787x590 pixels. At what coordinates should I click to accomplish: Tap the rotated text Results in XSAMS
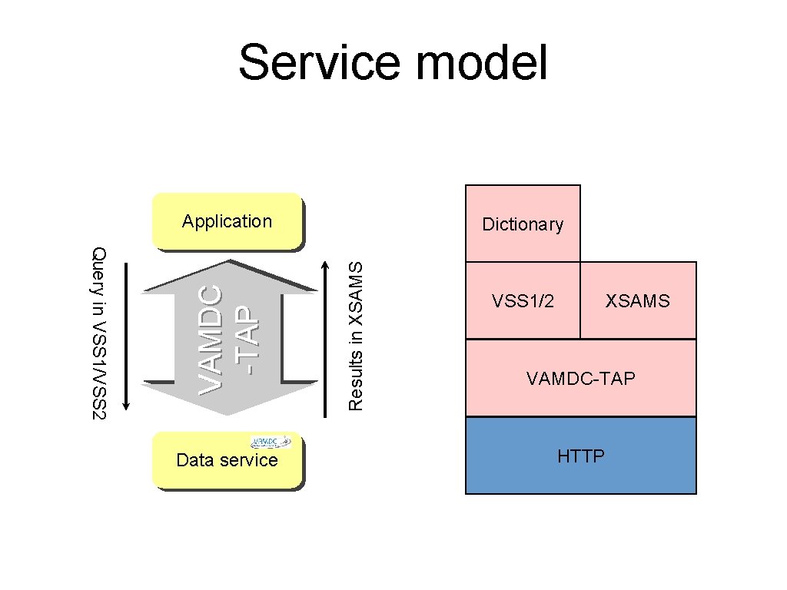tap(355, 335)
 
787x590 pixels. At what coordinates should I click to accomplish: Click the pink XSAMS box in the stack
tap(638, 301)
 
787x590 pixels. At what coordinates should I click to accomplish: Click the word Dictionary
tap(523, 224)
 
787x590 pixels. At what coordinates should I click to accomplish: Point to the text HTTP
tap(581, 456)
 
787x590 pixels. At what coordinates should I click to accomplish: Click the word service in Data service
tap(250, 460)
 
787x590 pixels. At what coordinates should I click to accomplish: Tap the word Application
tap(227, 221)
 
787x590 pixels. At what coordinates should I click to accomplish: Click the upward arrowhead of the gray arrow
tap(230, 277)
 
